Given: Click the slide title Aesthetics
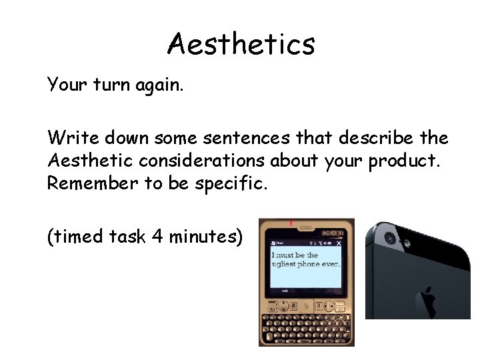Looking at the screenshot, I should [x=241, y=45].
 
